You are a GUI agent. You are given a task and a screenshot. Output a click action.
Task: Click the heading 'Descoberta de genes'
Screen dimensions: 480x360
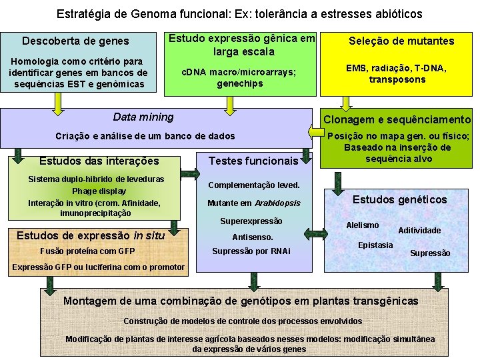[x=76, y=41]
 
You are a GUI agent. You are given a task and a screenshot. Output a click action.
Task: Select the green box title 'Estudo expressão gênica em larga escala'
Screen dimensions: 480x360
[x=241, y=45]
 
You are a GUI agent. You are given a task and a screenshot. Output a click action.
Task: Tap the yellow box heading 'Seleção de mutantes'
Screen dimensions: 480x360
[x=401, y=41]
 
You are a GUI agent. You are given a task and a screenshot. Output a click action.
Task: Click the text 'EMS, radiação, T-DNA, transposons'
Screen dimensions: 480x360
[x=396, y=73]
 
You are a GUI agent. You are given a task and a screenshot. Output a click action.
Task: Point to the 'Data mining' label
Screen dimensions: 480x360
[x=143, y=117]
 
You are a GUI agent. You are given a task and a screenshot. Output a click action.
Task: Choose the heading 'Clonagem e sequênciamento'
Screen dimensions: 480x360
[x=397, y=119]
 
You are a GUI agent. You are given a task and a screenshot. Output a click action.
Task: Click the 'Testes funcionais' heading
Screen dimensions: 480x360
[x=253, y=161]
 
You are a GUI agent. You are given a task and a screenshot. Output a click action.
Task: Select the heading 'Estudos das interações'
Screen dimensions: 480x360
[x=99, y=161]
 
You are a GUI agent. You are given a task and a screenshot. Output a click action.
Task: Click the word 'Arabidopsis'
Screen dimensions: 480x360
[x=277, y=203]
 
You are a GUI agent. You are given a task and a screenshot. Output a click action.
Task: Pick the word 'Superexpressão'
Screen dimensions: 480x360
[x=251, y=221]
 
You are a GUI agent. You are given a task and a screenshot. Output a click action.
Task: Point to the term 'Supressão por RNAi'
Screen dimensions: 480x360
[x=251, y=251]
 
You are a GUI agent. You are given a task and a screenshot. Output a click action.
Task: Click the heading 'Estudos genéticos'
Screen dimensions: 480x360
[x=399, y=199]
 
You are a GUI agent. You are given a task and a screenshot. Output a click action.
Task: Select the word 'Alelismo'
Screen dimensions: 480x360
[x=363, y=225]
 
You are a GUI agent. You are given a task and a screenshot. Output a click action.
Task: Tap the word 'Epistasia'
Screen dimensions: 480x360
[x=375, y=245]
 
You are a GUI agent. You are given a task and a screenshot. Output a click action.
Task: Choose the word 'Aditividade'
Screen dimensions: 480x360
[x=419, y=230]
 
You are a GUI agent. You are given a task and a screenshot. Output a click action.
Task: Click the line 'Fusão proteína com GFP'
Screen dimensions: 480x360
[x=87, y=251]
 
